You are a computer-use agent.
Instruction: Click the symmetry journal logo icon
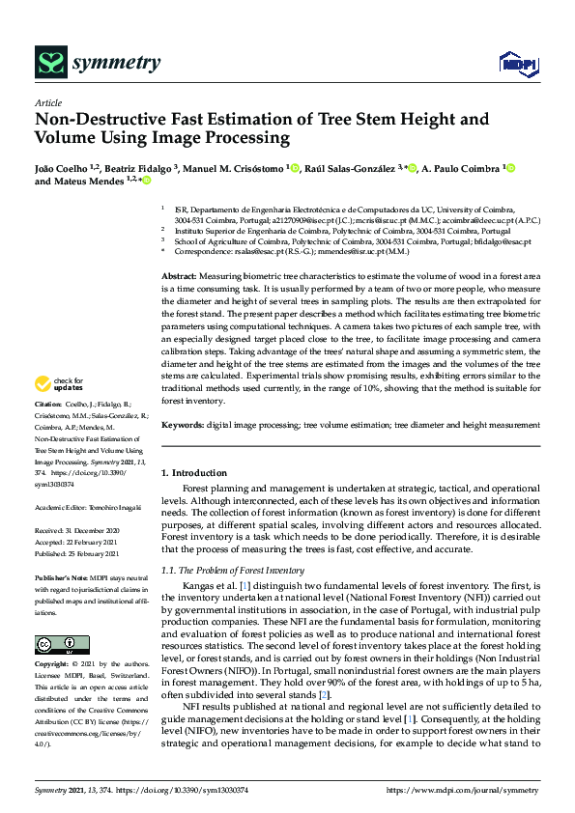[x=49, y=63]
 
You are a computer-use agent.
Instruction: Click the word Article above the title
[x=47, y=103]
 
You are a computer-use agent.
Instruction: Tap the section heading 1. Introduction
[x=193, y=473]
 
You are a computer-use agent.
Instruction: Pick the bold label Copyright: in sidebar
[x=53, y=665]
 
